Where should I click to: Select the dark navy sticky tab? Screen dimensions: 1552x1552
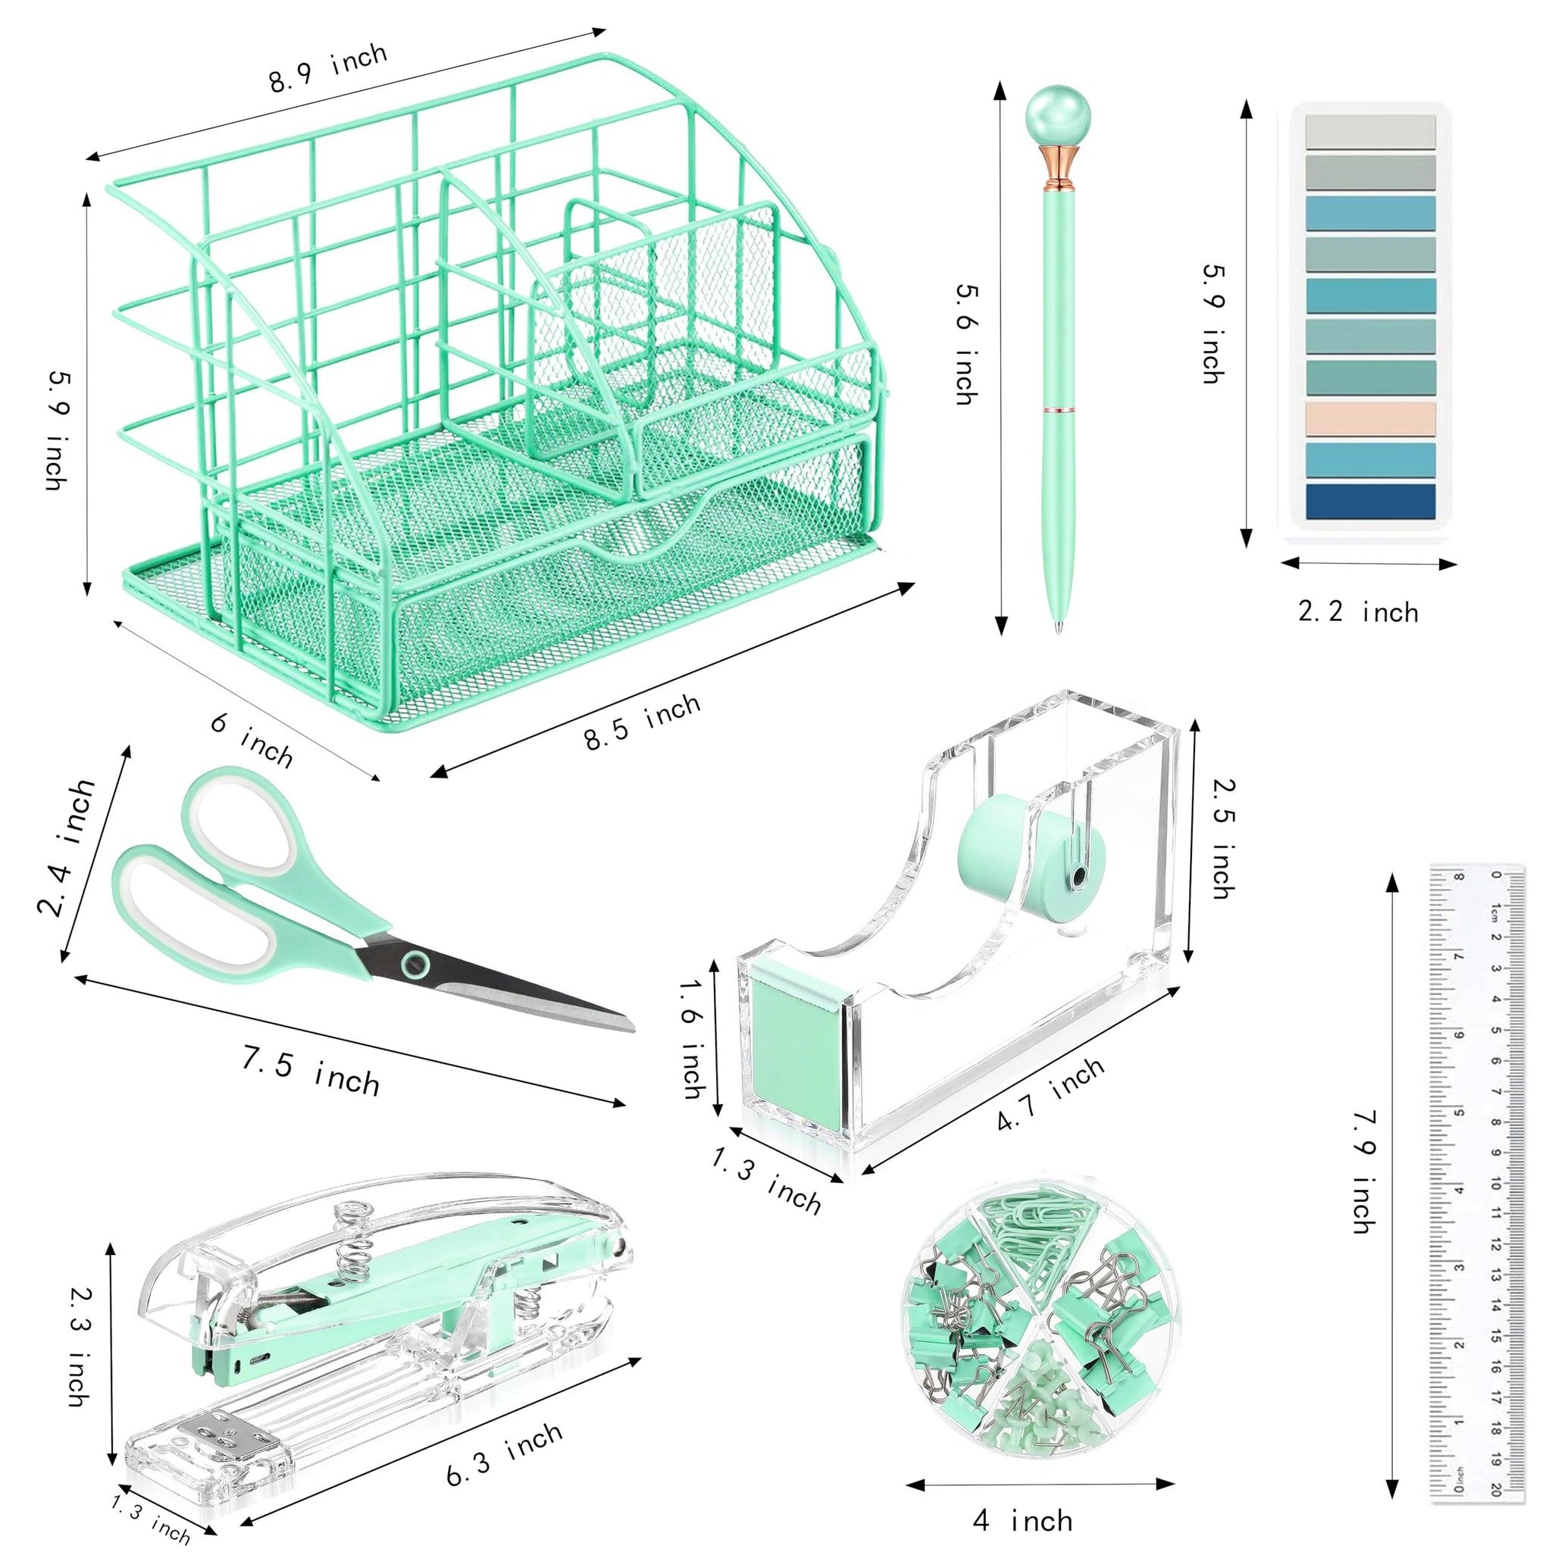coord(1370,501)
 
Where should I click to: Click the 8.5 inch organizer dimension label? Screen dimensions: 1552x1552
coord(642,722)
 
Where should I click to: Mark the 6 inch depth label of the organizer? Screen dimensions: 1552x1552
coord(252,740)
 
